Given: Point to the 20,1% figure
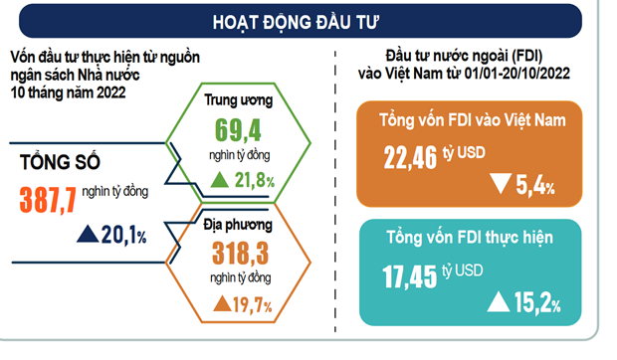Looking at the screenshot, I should pos(123,235).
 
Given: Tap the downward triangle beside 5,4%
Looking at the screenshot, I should pos(501,184).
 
